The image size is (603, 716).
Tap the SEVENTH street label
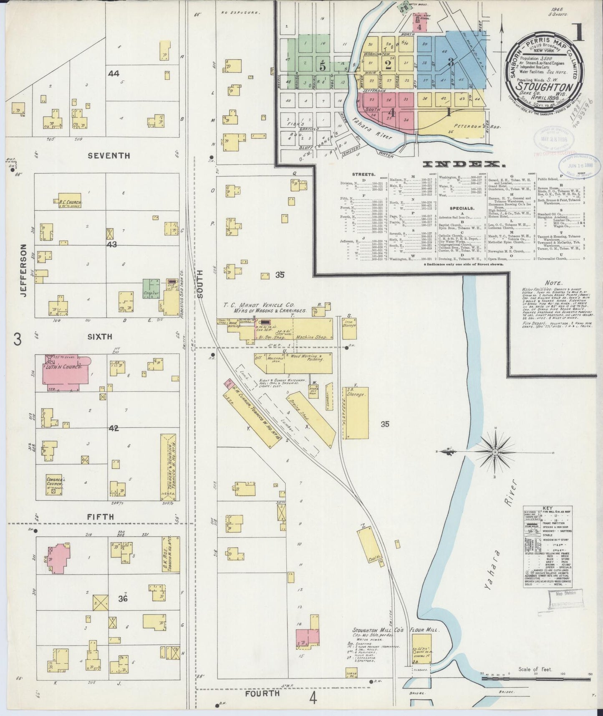click(109, 155)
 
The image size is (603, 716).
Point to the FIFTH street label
click(101, 517)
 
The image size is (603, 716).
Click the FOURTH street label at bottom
click(262, 693)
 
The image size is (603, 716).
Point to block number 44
click(114, 74)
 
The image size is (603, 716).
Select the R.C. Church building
click(70, 202)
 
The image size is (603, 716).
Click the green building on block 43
click(151, 288)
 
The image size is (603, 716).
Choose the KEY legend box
click(547, 547)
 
